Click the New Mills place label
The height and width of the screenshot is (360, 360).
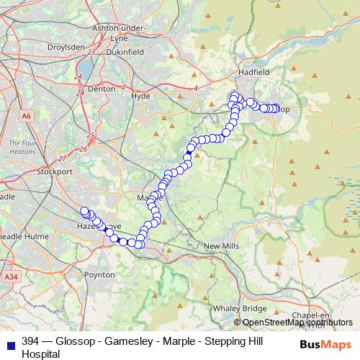(x=222, y=246)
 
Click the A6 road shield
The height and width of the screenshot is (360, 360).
(x=27, y=115)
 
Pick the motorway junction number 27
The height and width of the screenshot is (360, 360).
(x=62, y=158)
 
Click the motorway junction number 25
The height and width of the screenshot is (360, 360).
(x=90, y=135)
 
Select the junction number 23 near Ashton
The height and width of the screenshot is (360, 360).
(x=91, y=53)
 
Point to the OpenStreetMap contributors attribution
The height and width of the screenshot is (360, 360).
(x=297, y=323)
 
